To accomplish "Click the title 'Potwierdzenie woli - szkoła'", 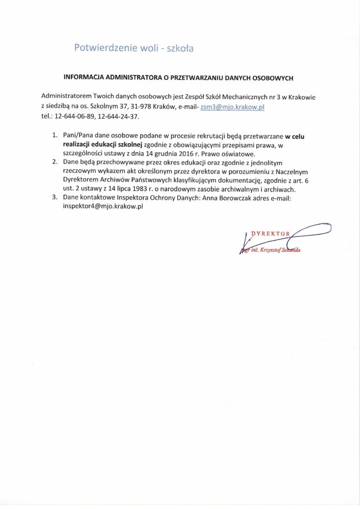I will click(133, 48).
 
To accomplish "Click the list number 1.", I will click(55, 135).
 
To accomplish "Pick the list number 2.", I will click(55, 163).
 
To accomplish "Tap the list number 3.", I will click(55, 198).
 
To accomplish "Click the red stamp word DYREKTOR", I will click(270, 233).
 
